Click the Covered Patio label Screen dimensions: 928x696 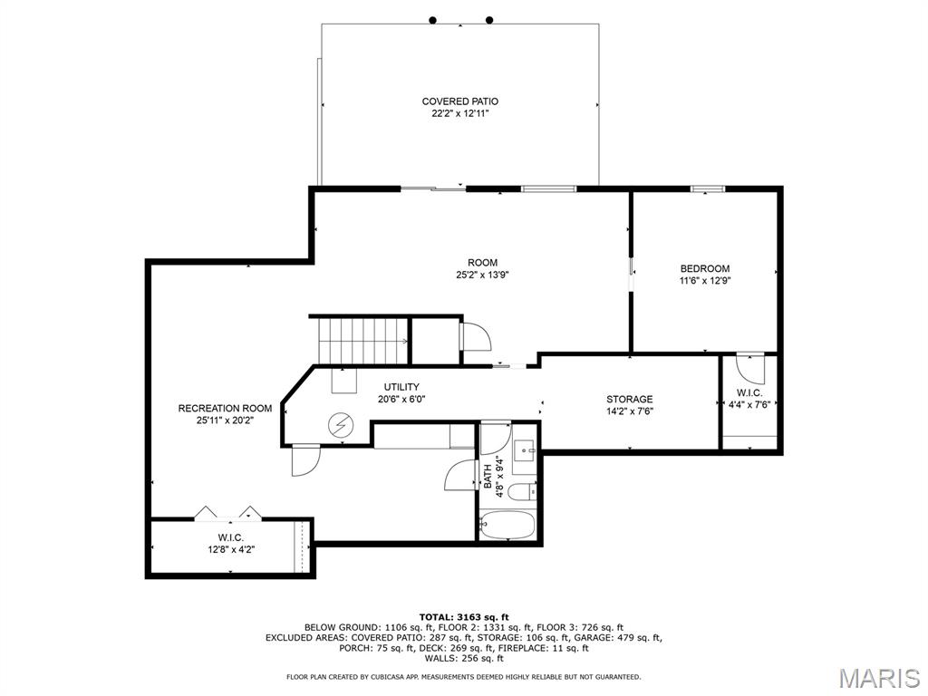click(x=459, y=101)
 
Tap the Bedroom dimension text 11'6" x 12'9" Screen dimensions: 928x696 click(x=705, y=281)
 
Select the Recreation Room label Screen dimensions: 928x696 click(x=225, y=409)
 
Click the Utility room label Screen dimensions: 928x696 click(x=401, y=387)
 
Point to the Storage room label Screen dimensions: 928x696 click(x=629, y=400)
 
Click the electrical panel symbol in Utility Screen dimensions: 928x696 click(x=341, y=425)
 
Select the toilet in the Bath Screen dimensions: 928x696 click(x=523, y=491)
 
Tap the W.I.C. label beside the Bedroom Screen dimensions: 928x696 click(x=749, y=393)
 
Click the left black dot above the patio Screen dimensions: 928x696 click(x=432, y=20)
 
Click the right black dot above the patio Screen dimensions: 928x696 click(x=489, y=20)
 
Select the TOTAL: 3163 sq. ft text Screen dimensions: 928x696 click(x=464, y=617)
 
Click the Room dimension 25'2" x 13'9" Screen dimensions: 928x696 click(x=482, y=275)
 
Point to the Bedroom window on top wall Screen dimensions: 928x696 click(x=708, y=188)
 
